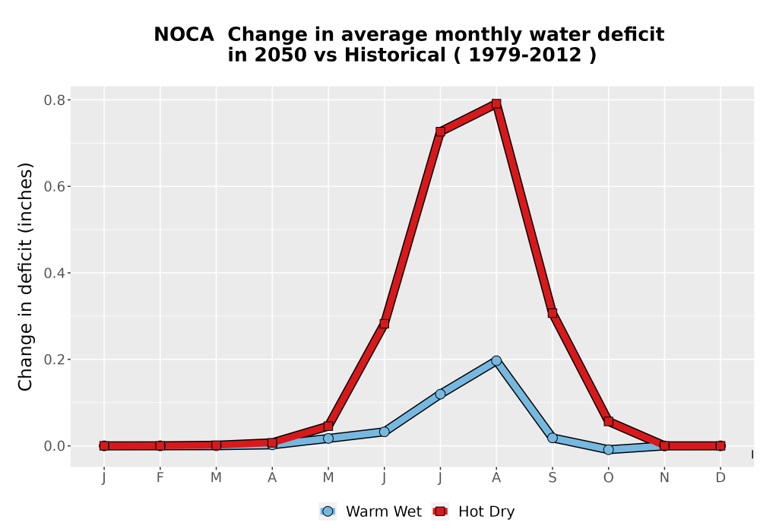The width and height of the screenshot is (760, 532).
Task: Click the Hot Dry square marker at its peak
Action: tap(496, 103)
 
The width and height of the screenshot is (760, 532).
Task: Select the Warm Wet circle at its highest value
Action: tap(496, 360)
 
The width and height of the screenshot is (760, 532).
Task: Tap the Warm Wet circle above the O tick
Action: tap(608, 450)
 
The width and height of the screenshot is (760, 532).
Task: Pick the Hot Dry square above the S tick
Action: tap(552, 313)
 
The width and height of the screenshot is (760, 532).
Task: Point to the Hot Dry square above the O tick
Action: tap(608, 422)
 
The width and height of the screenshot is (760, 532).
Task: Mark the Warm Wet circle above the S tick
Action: tap(552, 438)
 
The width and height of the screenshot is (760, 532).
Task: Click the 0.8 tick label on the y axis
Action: tap(54, 100)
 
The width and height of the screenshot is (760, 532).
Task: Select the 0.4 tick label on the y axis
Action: tap(54, 274)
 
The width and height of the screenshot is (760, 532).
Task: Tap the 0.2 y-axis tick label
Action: tap(54, 359)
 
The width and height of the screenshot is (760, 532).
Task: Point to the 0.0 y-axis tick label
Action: tap(54, 446)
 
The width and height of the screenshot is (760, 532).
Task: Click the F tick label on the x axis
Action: tap(160, 478)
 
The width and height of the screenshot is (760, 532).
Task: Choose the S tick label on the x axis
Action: tap(552, 478)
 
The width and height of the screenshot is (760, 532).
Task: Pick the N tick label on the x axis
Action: tap(664, 478)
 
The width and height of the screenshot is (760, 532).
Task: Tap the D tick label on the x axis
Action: tap(720, 478)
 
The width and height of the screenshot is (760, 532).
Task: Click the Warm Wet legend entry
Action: tap(371, 511)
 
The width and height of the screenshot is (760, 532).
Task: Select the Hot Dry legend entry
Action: tap(473, 511)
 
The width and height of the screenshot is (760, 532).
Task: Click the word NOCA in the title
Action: tap(184, 35)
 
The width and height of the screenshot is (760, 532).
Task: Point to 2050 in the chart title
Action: tap(280, 55)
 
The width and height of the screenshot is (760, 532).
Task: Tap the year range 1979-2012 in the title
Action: tap(525, 55)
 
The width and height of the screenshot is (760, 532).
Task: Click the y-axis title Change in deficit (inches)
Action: tap(25, 277)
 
